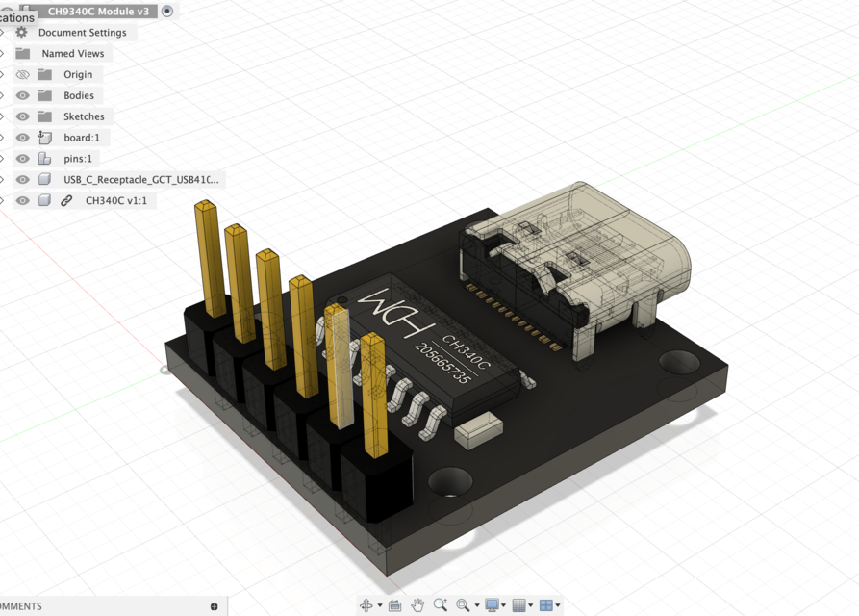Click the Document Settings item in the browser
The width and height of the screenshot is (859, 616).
pos(82,33)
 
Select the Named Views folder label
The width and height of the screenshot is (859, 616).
pos(72,54)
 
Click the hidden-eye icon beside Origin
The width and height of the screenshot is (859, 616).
pos(23,75)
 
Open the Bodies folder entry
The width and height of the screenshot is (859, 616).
pos(79,96)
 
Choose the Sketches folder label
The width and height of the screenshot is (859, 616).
pos(84,117)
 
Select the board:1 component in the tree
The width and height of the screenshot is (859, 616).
pos(82,138)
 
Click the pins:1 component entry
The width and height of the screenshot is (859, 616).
pos(78,159)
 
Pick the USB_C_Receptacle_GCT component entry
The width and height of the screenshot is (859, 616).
pos(140,180)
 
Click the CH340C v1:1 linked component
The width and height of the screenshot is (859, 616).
pos(115,201)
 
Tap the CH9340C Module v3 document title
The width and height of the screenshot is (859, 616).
pos(98,11)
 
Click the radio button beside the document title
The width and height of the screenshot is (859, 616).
pos(167,11)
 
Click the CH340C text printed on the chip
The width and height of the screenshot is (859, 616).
pos(467,350)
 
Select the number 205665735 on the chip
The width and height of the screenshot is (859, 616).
pos(444,365)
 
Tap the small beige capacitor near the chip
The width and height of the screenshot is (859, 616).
pos(478,430)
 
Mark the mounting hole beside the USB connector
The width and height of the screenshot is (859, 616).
pos(679,362)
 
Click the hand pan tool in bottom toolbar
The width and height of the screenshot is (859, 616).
pos(417,605)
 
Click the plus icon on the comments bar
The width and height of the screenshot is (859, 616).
pos(214,606)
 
